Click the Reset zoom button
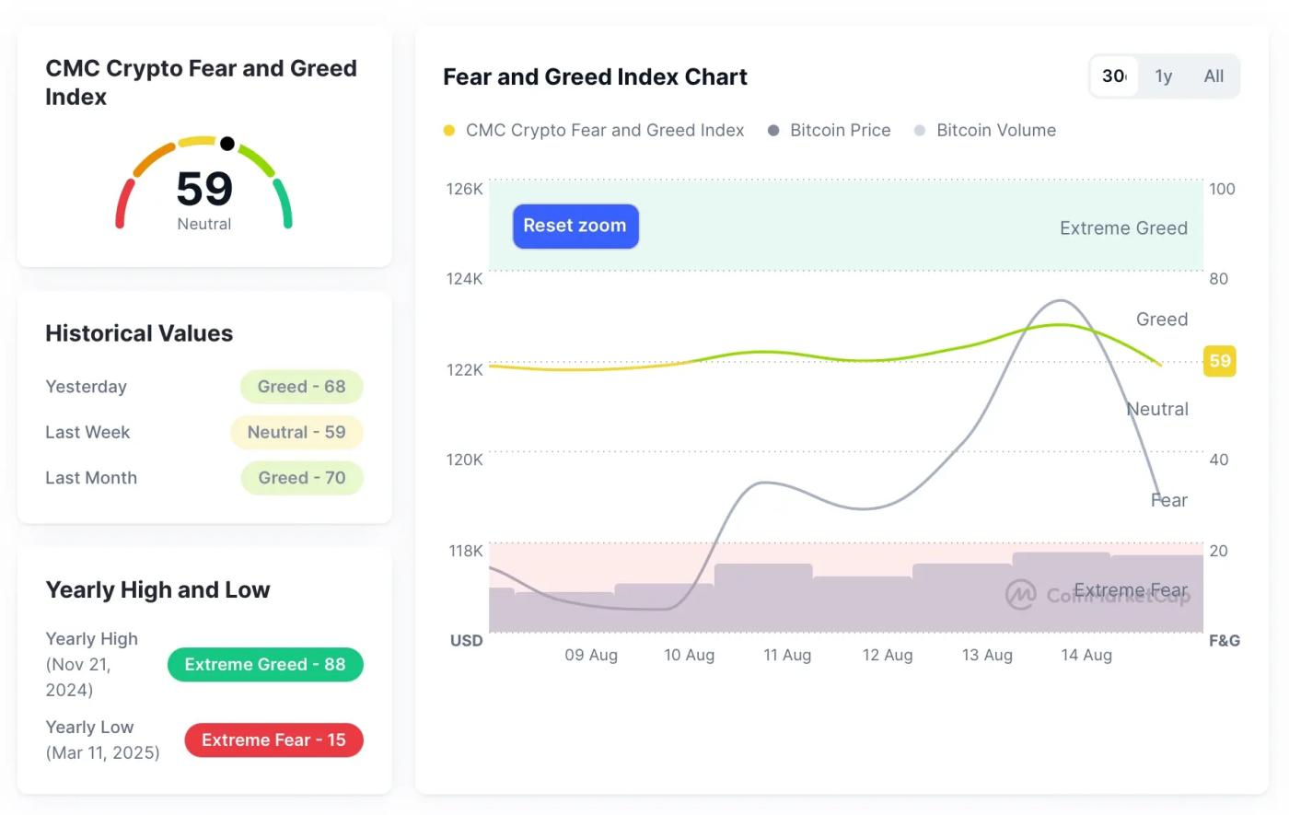575,227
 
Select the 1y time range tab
1164,76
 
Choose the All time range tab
1214,76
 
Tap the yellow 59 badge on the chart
1220,361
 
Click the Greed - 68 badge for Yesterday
301,387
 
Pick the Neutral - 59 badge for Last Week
296,433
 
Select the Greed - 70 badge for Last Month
301,478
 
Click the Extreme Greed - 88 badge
265,665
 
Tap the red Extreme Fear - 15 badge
273,740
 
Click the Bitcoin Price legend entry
840,131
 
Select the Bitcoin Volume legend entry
995,131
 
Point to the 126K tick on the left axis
464,189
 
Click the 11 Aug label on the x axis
787,655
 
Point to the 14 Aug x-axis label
1086,655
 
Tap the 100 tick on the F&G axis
1222,189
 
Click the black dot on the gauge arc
227,144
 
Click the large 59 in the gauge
204,189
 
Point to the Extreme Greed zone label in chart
1123,228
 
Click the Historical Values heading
139,333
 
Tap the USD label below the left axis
466,641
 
